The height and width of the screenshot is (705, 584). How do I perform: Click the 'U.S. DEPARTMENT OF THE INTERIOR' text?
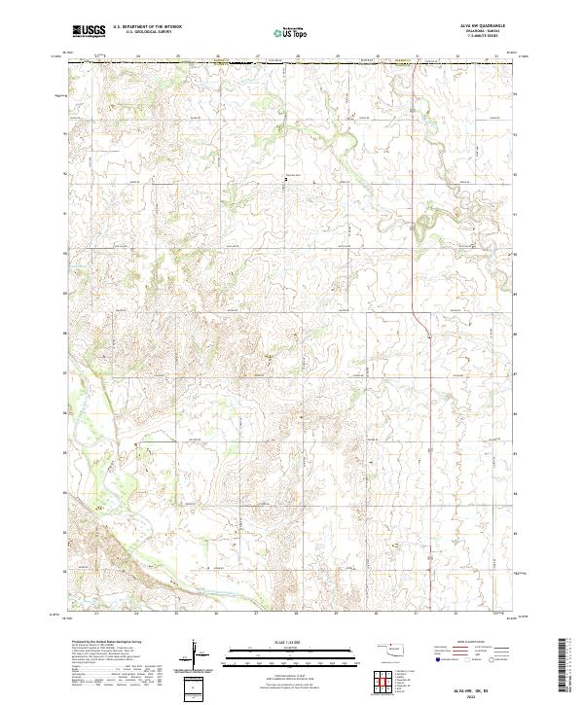[147, 27]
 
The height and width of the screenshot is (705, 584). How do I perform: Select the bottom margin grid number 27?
[256, 614]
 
